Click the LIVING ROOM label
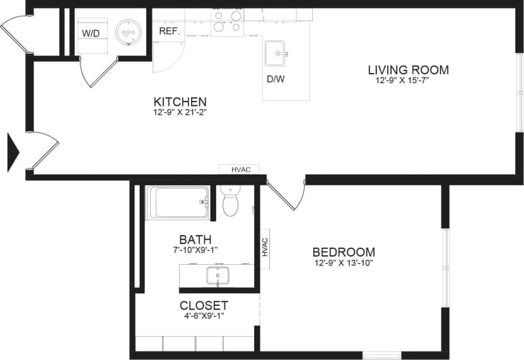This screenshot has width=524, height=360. click(408, 69)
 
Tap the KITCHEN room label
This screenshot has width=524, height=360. click(180, 102)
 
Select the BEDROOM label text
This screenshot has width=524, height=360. click(344, 252)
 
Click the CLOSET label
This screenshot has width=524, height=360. click(203, 306)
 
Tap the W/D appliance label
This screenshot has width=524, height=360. click(91, 33)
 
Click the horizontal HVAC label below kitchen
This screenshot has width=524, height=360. click(241, 170)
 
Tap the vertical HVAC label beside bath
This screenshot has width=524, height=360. click(265, 247)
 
